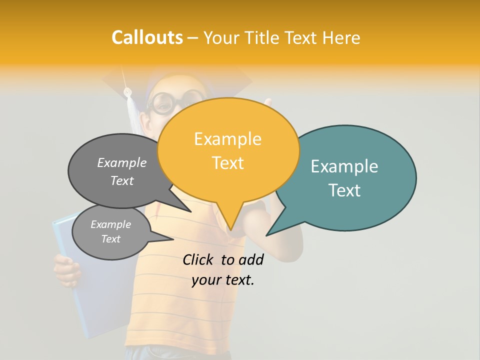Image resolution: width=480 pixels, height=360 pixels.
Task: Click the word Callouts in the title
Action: click(147, 37)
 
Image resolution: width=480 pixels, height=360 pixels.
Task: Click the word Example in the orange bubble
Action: click(227, 139)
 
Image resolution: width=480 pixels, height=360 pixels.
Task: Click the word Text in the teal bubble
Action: click(345, 190)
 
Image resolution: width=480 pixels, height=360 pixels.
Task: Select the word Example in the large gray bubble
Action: click(122, 162)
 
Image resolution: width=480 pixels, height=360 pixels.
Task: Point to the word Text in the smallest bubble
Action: click(110, 239)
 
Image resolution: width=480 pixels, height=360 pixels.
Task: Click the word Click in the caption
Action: click(197, 259)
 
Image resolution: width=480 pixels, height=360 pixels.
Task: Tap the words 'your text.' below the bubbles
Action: click(223, 280)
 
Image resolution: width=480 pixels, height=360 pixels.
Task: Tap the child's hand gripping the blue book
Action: click(66, 270)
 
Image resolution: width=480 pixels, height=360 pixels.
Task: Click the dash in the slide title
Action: click(193, 38)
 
